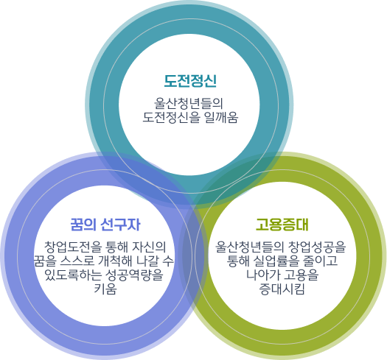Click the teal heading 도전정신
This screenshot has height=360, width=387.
coord(190,81)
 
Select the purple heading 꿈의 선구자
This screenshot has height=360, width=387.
coord(105,225)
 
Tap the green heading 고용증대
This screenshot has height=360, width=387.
coord(282,225)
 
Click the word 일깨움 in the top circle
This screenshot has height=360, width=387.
coord(221,117)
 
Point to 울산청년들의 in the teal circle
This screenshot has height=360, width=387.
coord(189,104)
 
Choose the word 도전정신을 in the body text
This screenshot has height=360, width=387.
coord(171,117)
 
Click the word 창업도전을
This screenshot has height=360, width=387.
coord(72,247)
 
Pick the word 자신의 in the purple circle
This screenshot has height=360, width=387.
coord(150,247)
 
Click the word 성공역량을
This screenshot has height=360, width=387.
coord(135,275)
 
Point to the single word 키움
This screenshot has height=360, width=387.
coord(105,289)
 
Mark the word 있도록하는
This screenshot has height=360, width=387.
coord(73,275)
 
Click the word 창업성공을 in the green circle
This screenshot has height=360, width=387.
coord(317,247)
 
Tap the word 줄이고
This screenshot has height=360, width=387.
coord(321,261)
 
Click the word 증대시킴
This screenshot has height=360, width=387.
coord(282,289)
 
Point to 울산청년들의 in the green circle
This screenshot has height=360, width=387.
coord(250,247)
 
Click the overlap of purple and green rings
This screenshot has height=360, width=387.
coord(193,256)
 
